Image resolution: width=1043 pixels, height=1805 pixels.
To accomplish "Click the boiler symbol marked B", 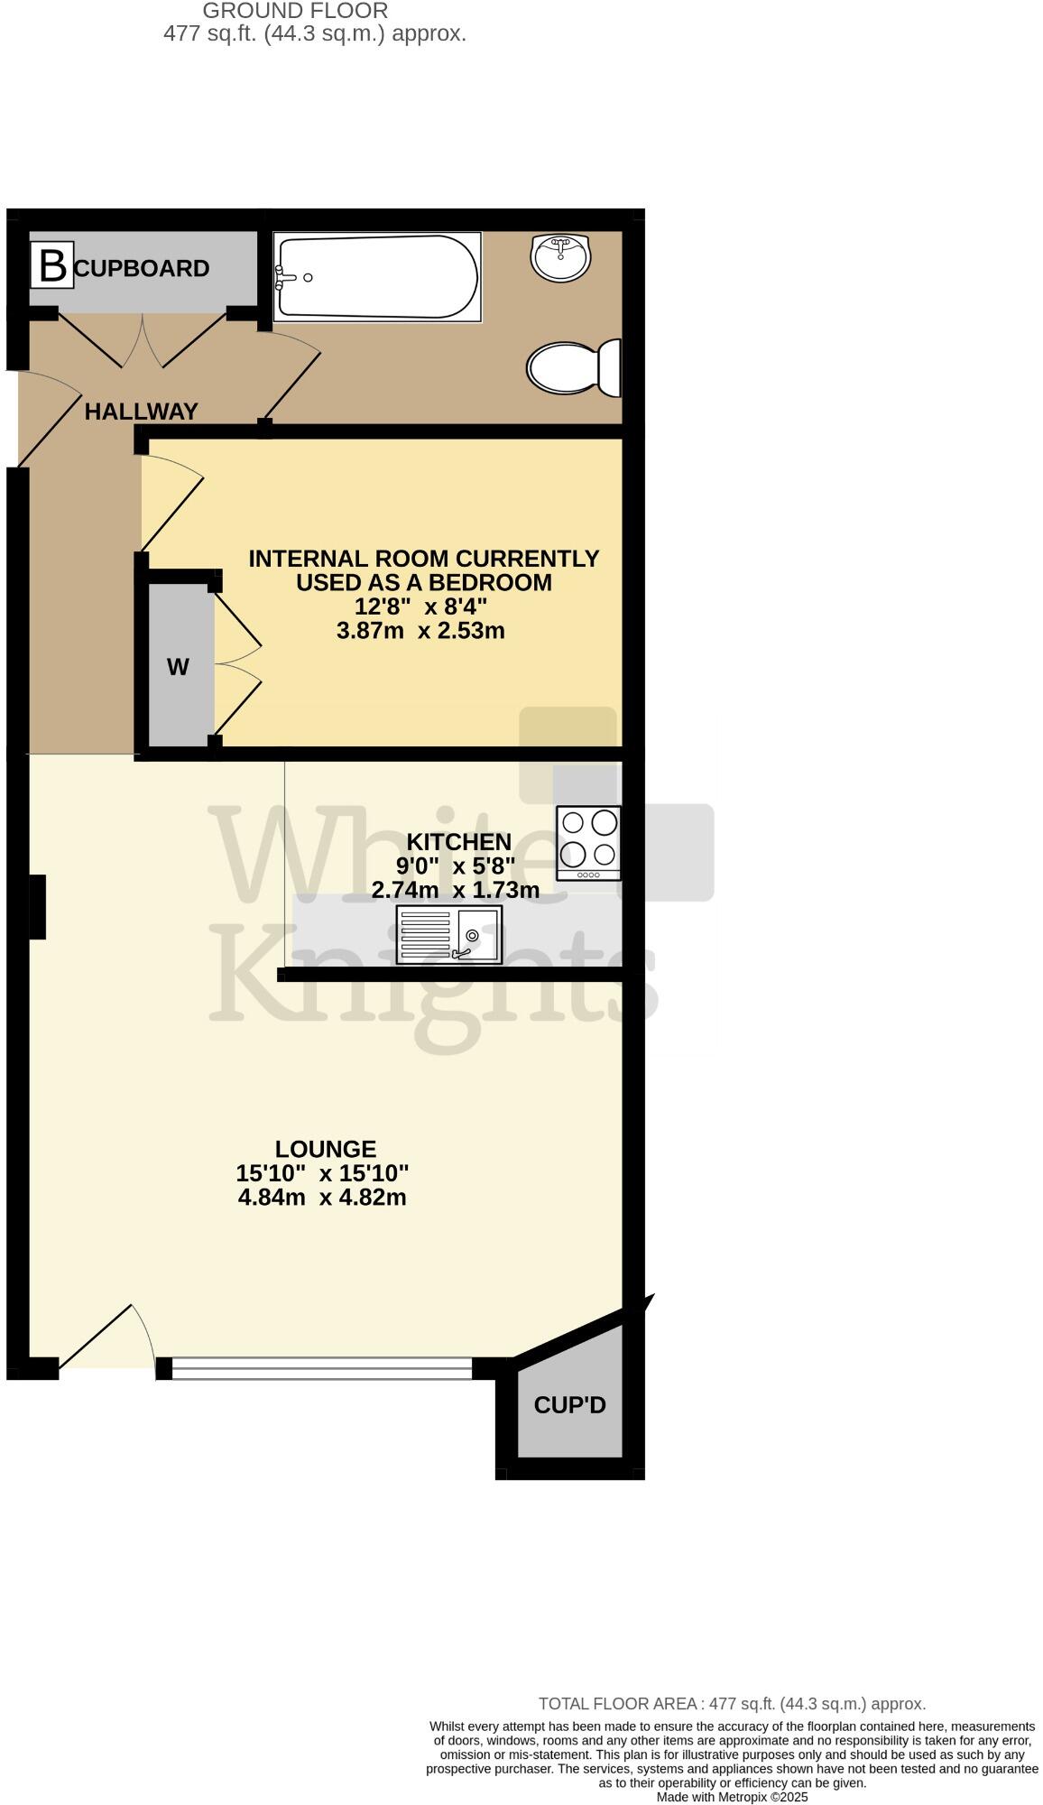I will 52,267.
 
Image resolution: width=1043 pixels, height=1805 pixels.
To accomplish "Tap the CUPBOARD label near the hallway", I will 143,269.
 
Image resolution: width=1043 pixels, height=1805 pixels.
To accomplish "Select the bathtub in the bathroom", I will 376,277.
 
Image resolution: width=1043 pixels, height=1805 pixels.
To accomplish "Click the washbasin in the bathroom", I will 561,257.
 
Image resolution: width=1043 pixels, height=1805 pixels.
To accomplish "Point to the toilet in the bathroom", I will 574,368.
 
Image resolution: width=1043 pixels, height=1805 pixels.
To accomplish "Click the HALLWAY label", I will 141,412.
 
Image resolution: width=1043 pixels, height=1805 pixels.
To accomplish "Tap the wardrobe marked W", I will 179,667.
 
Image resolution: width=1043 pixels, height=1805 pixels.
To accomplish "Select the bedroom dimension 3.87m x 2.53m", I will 420,631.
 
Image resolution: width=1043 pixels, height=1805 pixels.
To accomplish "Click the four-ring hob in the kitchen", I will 588,843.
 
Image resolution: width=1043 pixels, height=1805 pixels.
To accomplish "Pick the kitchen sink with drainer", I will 448,935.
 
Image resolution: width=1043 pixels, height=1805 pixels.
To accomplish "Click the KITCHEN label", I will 459,842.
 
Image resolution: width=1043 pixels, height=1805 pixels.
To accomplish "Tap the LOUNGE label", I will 326,1149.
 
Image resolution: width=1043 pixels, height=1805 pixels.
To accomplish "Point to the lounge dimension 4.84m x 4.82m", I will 322,1198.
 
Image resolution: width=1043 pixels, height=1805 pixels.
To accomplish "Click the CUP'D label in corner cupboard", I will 569,1404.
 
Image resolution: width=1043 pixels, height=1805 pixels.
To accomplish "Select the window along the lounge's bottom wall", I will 321,1368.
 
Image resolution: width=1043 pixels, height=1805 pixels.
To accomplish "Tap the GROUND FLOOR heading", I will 295,11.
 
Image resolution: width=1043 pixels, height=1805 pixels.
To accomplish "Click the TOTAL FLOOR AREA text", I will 732,1704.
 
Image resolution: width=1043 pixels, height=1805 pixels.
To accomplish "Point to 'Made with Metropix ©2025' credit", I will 732,1797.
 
